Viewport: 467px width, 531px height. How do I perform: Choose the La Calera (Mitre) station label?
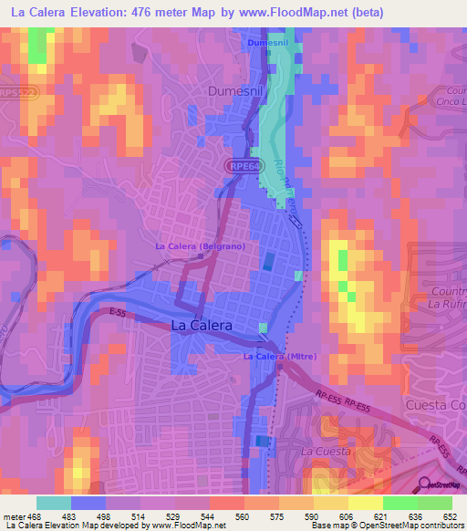(x=279, y=356)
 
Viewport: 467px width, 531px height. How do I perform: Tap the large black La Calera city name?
(x=202, y=325)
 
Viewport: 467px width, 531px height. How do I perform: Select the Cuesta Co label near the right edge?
(x=435, y=404)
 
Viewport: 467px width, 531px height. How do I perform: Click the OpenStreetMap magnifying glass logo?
(x=423, y=484)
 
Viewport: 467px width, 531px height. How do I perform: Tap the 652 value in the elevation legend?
(x=442, y=517)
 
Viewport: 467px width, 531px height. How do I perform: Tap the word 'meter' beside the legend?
(x=15, y=517)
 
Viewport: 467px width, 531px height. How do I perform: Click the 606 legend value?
(x=337, y=517)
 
